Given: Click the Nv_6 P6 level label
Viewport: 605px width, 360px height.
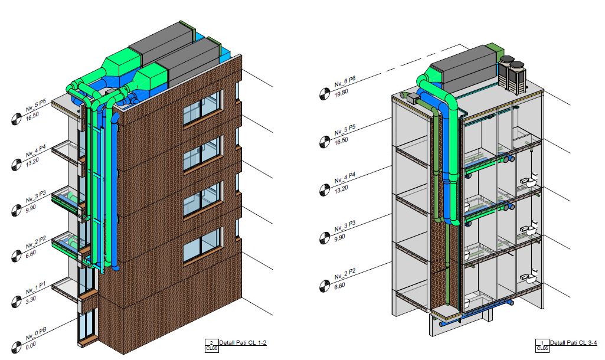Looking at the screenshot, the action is click(345, 82).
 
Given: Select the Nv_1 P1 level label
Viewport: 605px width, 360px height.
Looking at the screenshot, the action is click(36, 288).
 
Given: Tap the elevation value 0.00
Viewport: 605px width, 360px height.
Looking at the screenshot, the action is click(31, 344).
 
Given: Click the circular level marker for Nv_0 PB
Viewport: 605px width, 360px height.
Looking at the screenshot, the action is click(16, 347).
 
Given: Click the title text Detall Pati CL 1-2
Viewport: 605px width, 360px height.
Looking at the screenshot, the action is click(243, 342).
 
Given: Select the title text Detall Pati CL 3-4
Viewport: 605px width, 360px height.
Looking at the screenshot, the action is click(573, 342).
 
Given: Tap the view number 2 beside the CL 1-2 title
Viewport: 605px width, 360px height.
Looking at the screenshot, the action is click(211, 342).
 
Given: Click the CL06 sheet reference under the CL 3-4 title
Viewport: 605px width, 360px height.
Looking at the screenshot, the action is click(542, 348).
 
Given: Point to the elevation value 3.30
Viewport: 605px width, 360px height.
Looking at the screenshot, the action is click(31, 299).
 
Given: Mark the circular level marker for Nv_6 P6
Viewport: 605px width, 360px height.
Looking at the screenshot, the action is click(325, 94).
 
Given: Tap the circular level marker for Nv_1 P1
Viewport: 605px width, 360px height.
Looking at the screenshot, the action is click(16, 302).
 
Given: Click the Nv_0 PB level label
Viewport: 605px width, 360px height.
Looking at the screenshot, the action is click(36, 334).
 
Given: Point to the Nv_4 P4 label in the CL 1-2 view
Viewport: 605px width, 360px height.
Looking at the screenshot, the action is click(36, 150).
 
